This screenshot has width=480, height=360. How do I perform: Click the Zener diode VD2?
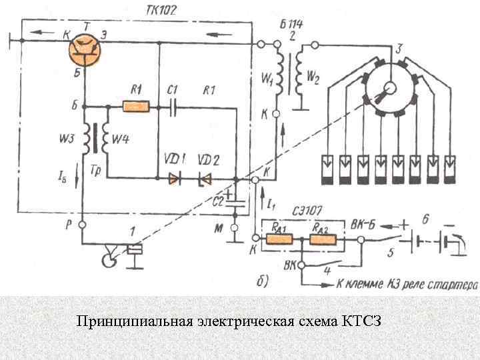tap(205, 179)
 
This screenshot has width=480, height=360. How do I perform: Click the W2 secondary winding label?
tap(312, 79)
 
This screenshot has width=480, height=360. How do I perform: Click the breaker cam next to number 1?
tap(106, 256)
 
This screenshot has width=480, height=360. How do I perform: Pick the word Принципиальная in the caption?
tap(134, 323)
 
